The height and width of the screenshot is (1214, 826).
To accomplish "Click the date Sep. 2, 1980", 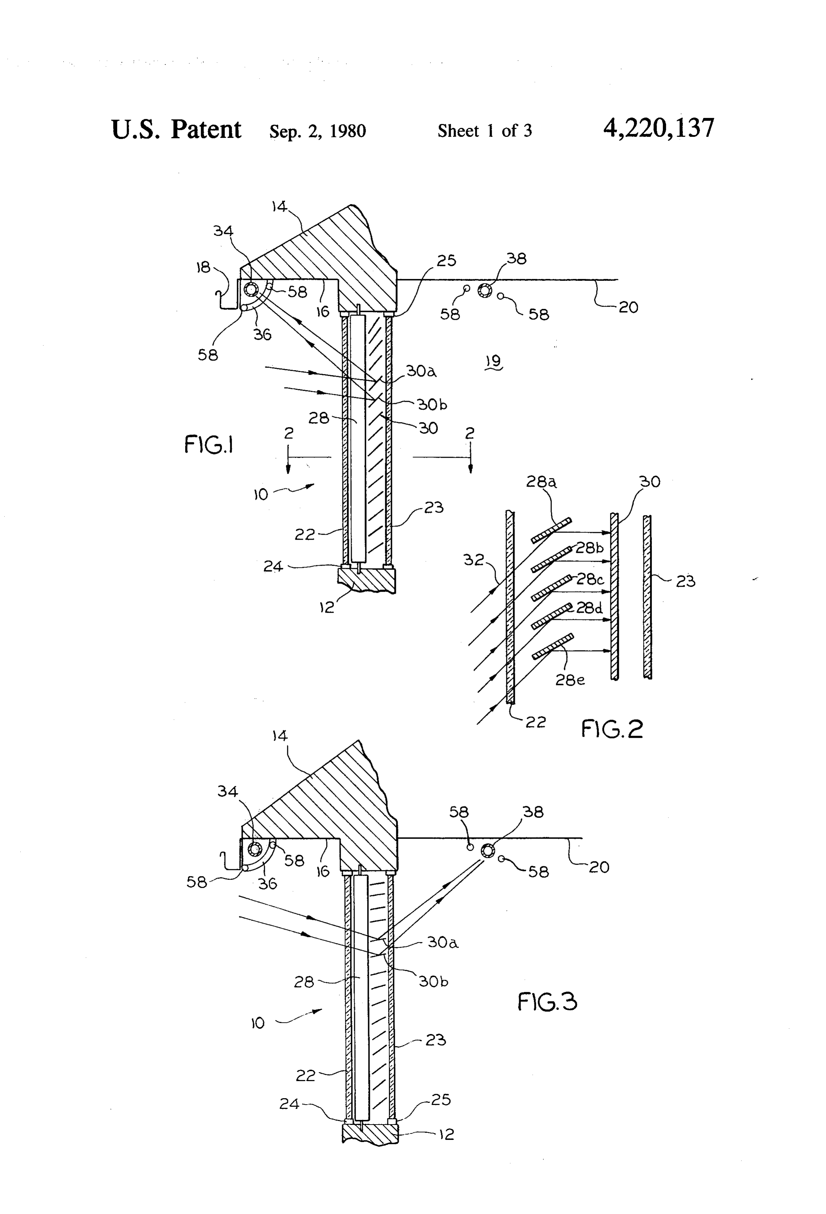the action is pos(318,131).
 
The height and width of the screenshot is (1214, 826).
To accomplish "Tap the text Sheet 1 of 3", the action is pos(485,131).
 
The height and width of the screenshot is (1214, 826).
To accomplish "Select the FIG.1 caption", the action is pos(208,445).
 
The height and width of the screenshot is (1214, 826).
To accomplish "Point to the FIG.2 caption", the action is pos(612,729).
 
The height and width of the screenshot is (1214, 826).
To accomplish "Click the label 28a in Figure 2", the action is pos(541,481).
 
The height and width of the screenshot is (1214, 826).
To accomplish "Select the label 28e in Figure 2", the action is pos(570,680).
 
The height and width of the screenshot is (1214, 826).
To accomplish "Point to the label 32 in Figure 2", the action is pos(474,560).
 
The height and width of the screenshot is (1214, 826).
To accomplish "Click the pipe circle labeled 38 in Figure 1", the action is pos(485,291).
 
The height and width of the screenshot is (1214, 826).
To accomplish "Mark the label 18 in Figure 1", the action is pos(203,268).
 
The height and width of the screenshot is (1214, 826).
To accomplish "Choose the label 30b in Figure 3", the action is pos(433,981).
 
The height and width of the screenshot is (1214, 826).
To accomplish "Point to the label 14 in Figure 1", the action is pos(279,207).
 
